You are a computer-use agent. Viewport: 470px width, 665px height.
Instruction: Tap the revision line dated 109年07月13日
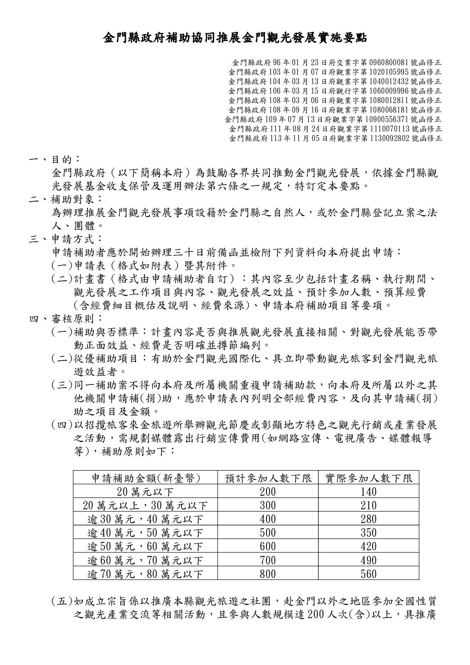pos(333,119)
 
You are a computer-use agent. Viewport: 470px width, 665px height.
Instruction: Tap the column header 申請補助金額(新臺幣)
pos(146,478)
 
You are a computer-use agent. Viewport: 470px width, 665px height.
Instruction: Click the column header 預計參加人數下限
pos(268,478)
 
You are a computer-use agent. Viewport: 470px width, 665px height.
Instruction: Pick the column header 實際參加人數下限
pos(368,478)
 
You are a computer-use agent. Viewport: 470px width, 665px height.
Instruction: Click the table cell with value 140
pos(368,492)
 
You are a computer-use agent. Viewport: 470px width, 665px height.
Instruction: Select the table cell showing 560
pos(368,574)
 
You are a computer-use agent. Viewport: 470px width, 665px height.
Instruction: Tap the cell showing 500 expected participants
pos(268,533)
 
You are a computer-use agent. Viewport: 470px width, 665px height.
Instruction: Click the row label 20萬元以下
pos(146,492)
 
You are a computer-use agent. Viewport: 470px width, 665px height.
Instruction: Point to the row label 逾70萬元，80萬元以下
pos(146,574)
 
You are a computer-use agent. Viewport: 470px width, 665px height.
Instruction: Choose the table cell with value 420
pos(368,546)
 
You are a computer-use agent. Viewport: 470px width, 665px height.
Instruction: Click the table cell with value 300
pos(268,505)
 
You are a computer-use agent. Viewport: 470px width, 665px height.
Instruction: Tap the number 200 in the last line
pos(315,615)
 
